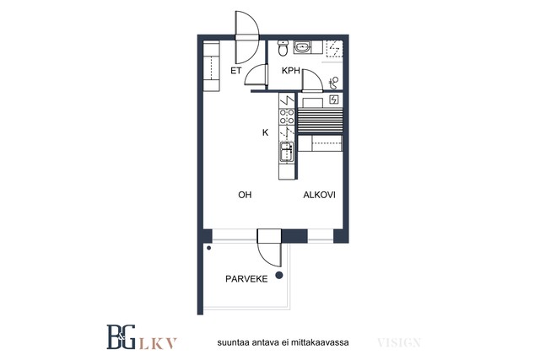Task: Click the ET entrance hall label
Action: (236, 71)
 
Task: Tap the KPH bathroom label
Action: (291, 71)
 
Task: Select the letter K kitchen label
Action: (265, 132)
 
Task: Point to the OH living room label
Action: (245, 195)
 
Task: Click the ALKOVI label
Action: (319, 195)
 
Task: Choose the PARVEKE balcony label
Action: (246, 279)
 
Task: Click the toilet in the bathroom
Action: (283, 48)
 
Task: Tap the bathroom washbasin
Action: (302, 46)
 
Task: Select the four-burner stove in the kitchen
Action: (287, 116)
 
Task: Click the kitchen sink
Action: (287, 152)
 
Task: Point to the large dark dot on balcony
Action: (279, 275)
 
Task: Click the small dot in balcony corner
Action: (208, 248)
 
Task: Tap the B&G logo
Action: (121, 337)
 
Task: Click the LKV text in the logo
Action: (158, 343)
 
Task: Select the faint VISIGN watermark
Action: (399, 343)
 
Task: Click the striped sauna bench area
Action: (321, 121)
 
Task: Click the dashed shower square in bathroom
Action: (334, 48)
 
